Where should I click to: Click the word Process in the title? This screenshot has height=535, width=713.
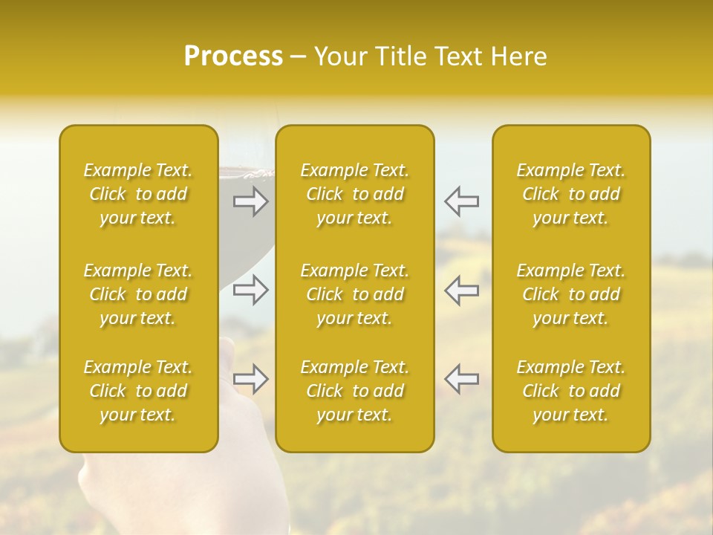pos(233,56)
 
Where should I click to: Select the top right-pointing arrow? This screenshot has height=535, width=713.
pos(251,201)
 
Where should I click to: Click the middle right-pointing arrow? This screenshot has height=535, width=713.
pos(251,290)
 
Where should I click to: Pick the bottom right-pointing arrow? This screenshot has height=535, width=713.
pos(251,379)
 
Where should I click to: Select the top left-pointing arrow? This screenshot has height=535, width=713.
pos(461,201)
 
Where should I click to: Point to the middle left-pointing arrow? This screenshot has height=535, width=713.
pos(461,290)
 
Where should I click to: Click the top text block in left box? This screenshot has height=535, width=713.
pos(138,194)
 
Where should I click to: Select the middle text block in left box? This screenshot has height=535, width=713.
pos(138,294)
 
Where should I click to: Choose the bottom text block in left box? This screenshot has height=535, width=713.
pos(138,391)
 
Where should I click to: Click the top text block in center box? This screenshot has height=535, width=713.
pos(355,194)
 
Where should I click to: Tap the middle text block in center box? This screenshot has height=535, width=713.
pos(355,294)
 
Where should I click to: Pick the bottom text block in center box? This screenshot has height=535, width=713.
pos(355,391)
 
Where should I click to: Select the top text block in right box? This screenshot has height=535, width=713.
pos(571,194)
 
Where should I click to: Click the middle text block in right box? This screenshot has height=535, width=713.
pos(571,294)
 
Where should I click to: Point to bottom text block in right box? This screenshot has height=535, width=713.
pos(571,391)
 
